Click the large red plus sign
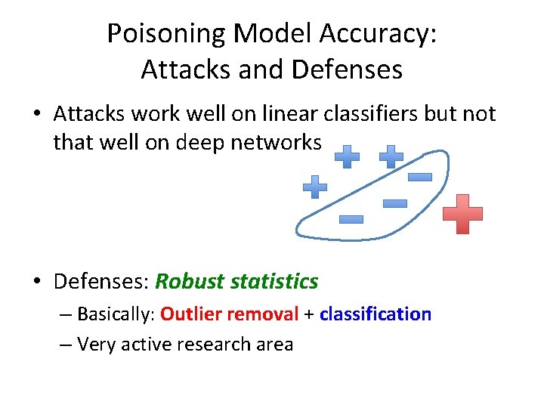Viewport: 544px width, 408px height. coord(462,214)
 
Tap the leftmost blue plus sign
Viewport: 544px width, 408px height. coord(314,187)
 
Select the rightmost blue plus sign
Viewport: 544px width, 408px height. coord(391,157)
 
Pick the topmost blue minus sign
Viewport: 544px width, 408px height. coord(419,178)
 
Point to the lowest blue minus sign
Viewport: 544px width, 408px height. coord(351,220)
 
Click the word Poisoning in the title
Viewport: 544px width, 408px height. coord(168,34)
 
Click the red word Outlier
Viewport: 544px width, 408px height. coord(190,314)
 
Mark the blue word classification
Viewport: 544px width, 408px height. coord(375,314)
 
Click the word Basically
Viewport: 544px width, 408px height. coord(115,314)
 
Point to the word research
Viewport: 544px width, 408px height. coord(215,345)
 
